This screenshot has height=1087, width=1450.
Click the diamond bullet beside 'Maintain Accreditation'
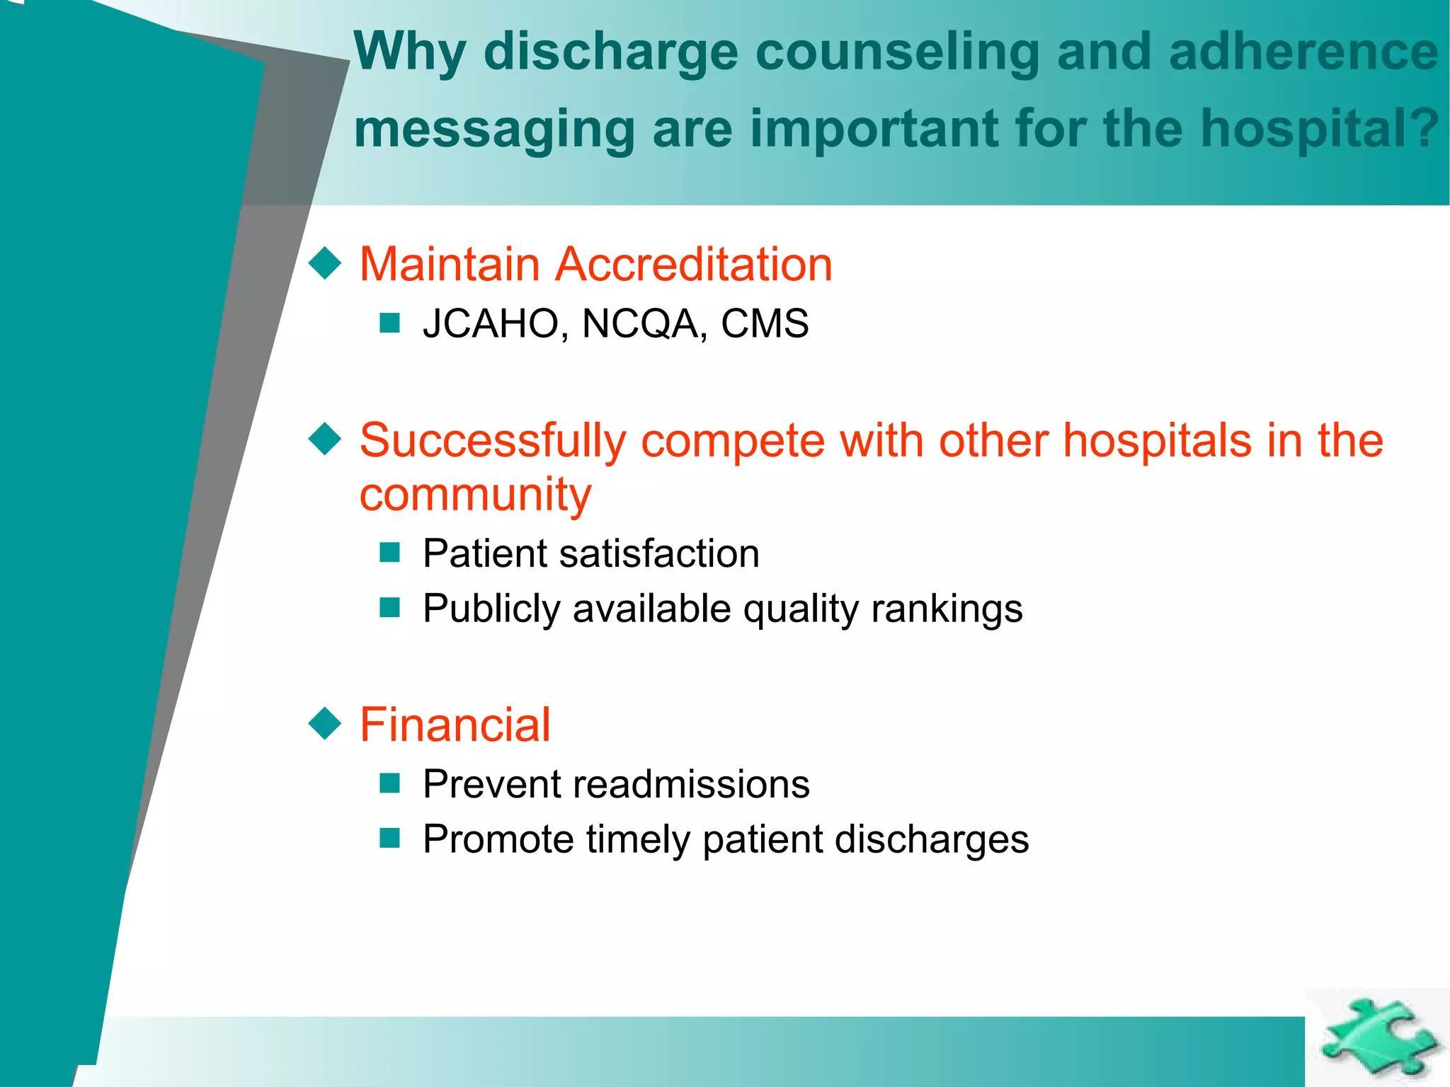click(x=326, y=264)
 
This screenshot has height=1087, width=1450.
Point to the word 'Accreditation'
click(x=693, y=265)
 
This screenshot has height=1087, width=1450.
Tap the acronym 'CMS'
click(x=765, y=323)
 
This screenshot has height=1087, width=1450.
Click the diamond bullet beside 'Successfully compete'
click(x=326, y=439)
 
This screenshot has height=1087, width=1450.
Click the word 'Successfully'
click(x=493, y=441)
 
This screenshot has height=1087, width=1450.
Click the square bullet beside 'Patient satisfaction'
click(x=390, y=553)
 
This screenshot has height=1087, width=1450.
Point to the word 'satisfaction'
click(x=659, y=553)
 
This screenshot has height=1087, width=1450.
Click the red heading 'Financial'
click(x=455, y=725)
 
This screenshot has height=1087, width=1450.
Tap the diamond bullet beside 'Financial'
click(x=326, y=724)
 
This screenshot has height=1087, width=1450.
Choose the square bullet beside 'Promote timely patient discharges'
click(x=390, y=839)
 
